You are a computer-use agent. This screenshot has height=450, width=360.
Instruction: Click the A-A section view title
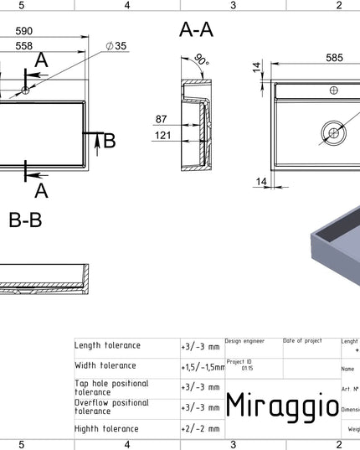tap(197, 30)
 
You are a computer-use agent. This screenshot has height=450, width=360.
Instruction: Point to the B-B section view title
tap(25, 220)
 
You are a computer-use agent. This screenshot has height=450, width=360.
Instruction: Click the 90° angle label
tap(201, 60)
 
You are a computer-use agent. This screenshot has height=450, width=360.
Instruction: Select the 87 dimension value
tap(164, 120)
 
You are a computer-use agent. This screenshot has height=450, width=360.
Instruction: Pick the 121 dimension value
tap(164, 135)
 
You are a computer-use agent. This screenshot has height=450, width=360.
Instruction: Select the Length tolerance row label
tap(108, 345)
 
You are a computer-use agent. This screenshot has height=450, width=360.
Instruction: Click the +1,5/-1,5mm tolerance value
tap(202, 366)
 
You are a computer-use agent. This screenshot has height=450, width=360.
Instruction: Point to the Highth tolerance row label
tap(108, 427)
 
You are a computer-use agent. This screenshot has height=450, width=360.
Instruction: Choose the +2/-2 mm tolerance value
tap(200, 428)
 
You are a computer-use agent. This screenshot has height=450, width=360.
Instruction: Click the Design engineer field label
tap(244, 341)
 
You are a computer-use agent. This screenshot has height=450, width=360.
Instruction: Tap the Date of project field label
tap(302, 341)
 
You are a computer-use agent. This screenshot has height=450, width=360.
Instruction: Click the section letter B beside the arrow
tap(109, 141)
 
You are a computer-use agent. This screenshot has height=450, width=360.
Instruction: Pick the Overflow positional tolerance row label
tap(111, 406)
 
